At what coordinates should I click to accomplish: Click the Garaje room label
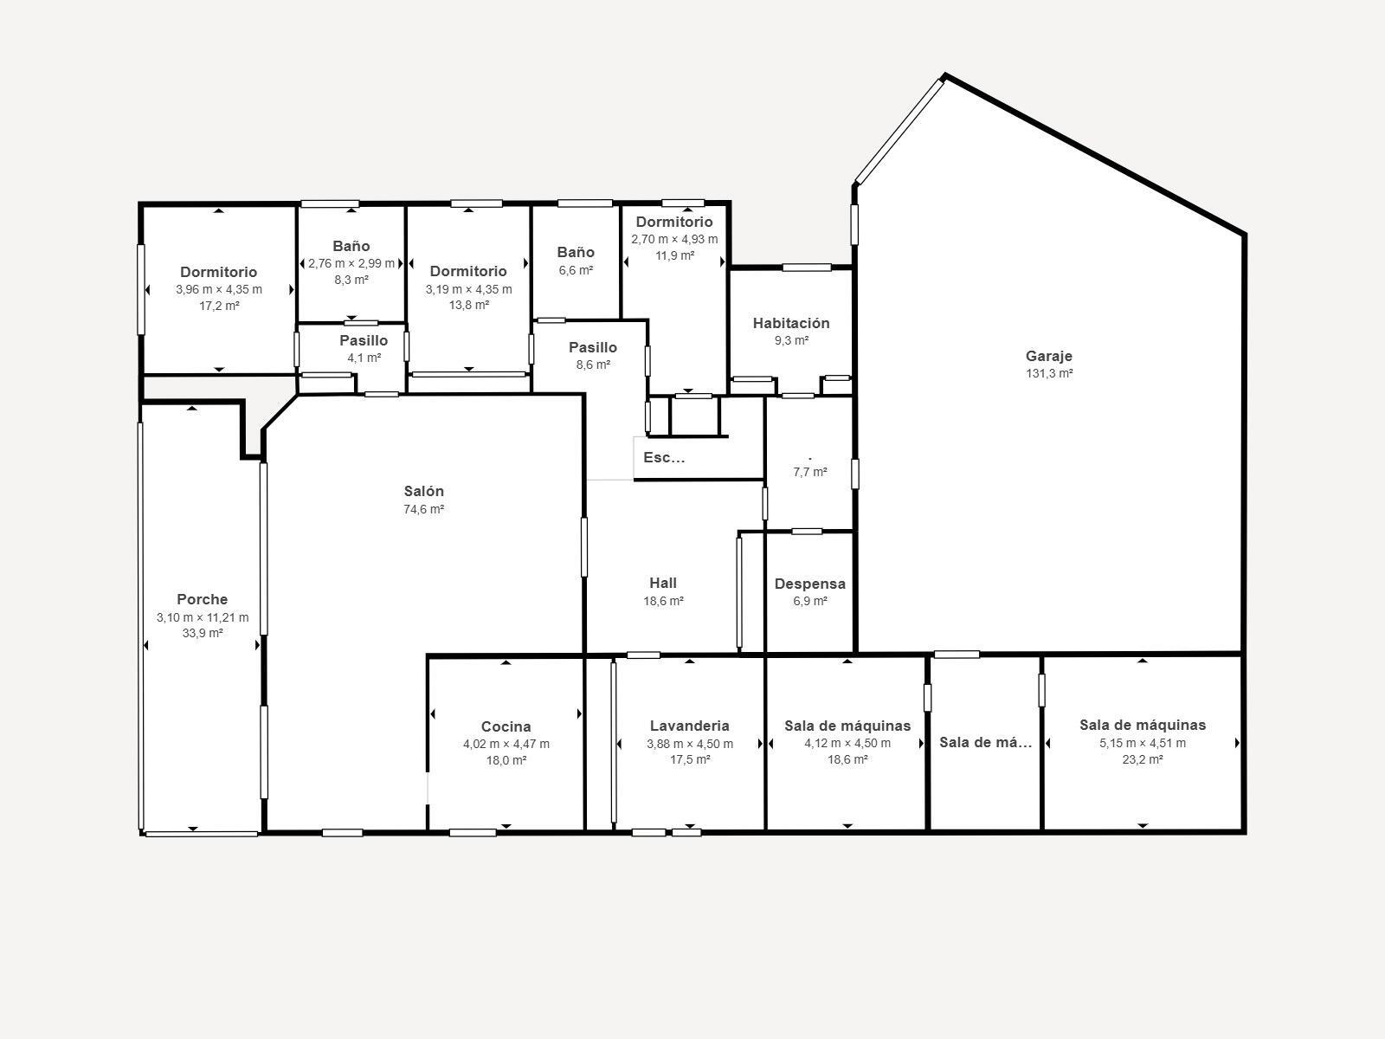pyautogui.click(x=1048, y=356)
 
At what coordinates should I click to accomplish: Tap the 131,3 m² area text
pyautogui.click(x=1048, y=374)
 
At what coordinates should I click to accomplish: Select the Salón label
pyautogui.click(x=423, y=491)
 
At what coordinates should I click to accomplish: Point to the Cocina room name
pyautogui.click(x=506, y=726)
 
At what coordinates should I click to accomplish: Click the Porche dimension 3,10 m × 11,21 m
pyautogui.click(x=202, y=617)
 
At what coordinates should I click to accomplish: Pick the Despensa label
pyautogui.click(x=809, y=584)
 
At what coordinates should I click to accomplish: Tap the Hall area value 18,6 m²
pyautogui.click(x=663, y=601)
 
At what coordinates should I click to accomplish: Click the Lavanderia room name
pyautogui.click(x=689, y=726)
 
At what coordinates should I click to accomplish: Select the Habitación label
pyautogui.click(x=790, y=323)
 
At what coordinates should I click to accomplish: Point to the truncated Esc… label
pyautogui.click(x=664, y=458)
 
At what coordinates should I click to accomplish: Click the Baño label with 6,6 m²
pyautogui.click(x=576, y=252)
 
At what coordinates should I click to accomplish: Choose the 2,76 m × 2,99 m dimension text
pyautogui.click(x=351, y=263)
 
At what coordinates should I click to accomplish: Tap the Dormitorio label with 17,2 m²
pyautogui.click(x=218, y=272)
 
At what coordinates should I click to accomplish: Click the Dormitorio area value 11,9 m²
pyautogui.click(x=674, y=255)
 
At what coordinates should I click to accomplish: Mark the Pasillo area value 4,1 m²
pyautogui.click(x=364, y=358)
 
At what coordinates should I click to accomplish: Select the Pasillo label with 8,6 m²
pyautogui.click(x=592, y=347)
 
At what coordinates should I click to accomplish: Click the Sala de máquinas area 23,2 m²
pyautogui.click(x=1142, y=759)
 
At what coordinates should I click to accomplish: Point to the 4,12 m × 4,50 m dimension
pyautogui.click(x=847, y=743)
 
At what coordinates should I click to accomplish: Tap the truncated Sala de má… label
pyautogui.click(x=985, y=742)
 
